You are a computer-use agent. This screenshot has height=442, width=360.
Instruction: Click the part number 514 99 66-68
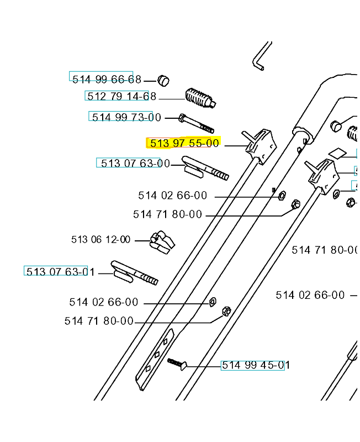107,79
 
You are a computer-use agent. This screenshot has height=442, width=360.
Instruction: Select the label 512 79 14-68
121,96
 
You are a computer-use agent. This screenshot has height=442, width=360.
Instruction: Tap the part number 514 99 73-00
126,117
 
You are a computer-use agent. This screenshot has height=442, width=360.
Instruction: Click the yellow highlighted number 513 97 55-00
184,143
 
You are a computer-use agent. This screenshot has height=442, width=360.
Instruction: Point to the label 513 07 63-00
135,163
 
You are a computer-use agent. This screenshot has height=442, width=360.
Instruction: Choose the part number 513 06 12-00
100,239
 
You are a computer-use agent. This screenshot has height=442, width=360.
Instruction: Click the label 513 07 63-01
60,272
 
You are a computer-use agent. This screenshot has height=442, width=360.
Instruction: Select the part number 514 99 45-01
256,365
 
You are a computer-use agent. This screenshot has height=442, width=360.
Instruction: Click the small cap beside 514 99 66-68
163,81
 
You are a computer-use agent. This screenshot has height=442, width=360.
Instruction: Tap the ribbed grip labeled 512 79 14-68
200,98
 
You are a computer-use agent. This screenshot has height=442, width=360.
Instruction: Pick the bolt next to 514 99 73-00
196,123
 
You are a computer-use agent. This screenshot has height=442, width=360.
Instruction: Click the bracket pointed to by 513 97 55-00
260,146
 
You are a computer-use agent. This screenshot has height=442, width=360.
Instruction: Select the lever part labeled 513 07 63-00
205,169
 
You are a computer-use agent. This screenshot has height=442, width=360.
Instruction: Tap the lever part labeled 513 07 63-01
134,273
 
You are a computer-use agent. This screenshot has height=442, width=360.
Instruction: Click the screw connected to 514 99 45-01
177,364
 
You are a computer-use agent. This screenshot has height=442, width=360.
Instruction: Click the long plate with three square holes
155,360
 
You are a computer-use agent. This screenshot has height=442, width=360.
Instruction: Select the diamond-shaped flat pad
337,153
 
